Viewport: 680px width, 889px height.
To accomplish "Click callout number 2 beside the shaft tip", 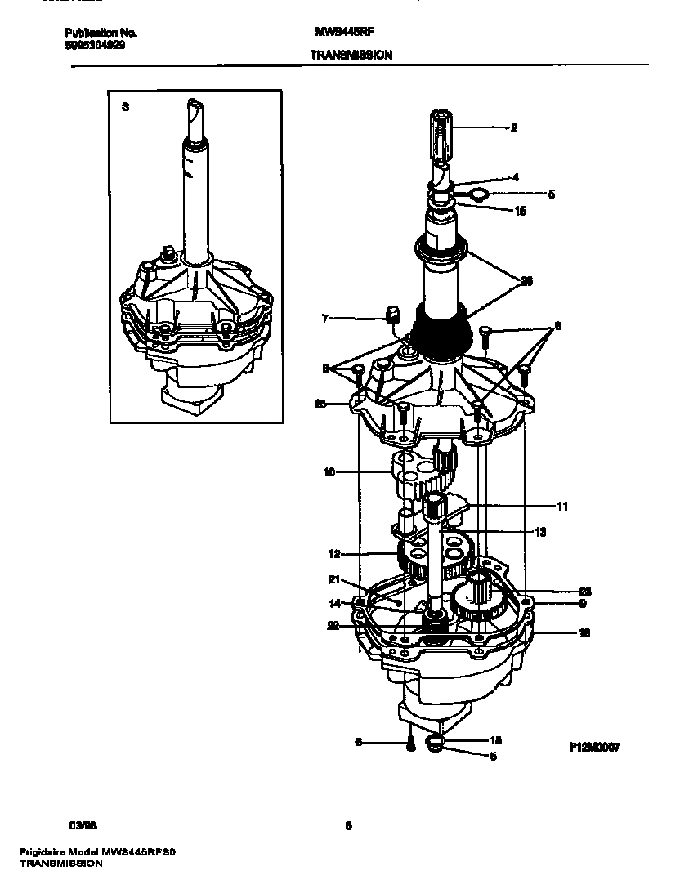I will coord(514,127).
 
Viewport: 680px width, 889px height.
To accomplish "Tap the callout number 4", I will coord(516,176).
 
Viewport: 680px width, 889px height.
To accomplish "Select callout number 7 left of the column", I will coord(324,319).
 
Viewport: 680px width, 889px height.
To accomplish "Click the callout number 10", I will coord(329,471).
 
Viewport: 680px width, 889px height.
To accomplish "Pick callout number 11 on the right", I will coord(561,507).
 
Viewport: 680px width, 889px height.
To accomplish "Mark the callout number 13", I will coord(539,531).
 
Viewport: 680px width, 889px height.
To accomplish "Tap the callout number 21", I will coord(333,580).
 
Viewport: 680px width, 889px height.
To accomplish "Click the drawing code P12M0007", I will coord(595,747).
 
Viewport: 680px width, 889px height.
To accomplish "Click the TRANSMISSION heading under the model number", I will coord(351,56).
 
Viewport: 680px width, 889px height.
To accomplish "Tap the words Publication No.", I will coord(101,34).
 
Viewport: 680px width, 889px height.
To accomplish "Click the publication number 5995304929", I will coord(95,46).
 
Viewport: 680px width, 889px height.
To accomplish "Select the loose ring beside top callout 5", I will coord(478,194).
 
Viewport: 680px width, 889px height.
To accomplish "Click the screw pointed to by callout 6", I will coord(411,744).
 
